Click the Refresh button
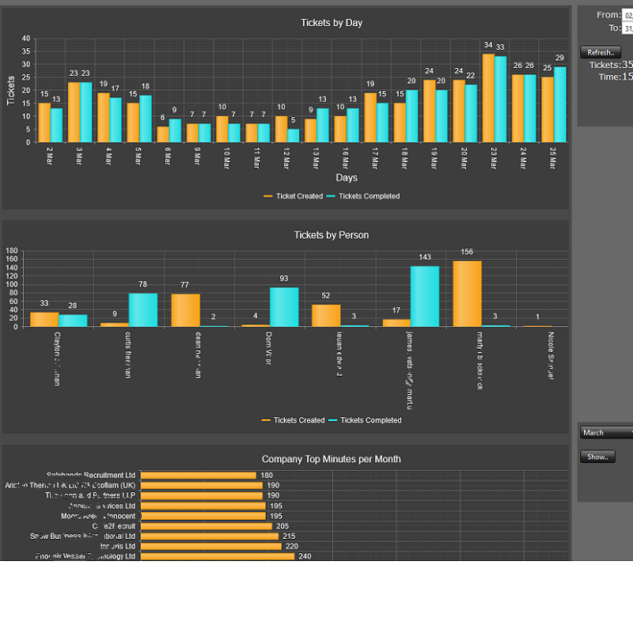tap(600, 52)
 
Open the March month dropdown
tap(606, 433)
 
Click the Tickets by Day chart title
tap(332, 23)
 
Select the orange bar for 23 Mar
tap(489, 98)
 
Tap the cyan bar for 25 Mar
tap(560, 104)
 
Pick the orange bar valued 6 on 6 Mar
tap(163, 135)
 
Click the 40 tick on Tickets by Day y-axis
tap(26, 39)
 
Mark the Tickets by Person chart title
tap(331, 235)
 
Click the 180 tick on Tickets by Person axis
tap(11, 252)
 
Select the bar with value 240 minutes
tap(217, 556)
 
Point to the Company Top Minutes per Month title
tap(331, 459)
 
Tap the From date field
tap(627, 15)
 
